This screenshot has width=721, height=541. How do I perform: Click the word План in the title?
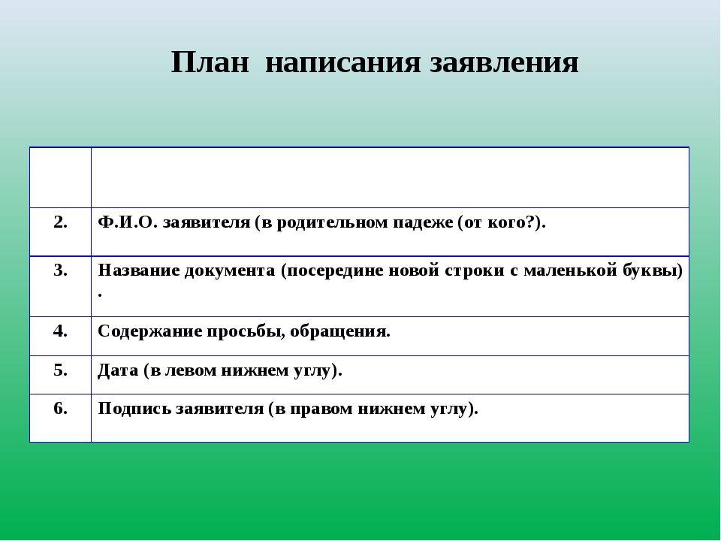click(x=210, y=62)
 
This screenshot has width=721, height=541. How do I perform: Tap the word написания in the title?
click(x=343, y=62)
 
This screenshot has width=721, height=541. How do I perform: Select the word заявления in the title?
click(x=505, y=62)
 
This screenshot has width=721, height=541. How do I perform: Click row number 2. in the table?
click(x=60, y=222)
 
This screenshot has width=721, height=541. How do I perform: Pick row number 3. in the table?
click(x=60, y=270)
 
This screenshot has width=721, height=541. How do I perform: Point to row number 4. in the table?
click(x=60, y=331)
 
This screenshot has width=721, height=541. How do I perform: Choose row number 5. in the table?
click(x=60, y=370)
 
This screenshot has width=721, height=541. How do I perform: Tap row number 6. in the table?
click(x=60, y=408)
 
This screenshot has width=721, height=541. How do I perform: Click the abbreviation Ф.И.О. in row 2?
click(x=128, y=222)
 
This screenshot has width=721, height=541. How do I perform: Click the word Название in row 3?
click(x=138, y=270)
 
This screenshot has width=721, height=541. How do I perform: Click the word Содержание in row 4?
click(x=150, y=331)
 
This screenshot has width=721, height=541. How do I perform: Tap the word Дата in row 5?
click(x=118, y=370)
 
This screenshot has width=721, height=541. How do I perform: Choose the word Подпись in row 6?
click(x=134, y=409)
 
